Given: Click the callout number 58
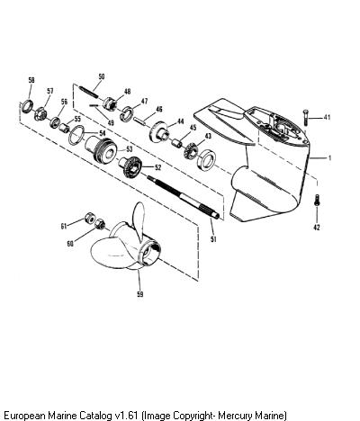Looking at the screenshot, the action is coord(31,80).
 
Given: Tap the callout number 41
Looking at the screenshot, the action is coord(327,117).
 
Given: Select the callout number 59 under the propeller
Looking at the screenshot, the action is coord(140,294).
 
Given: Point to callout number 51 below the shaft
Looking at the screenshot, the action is coord(213,239).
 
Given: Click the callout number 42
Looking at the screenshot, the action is coord(317,228).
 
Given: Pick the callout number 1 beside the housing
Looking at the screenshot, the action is coord(329,157).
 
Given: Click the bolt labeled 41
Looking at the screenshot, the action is coord(305,118).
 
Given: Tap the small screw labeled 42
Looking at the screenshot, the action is coord(317,200).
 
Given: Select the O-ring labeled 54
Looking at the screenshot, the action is coord(76,135).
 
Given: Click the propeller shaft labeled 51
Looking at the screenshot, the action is coord(184,197).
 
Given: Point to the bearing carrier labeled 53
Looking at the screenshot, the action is coord(102,148).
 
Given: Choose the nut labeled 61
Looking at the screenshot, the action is coord(89,218).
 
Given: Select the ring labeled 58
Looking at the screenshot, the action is coord(27,107).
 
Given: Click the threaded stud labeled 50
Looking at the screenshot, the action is coord(88,92).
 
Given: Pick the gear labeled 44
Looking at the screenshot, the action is coord(159,131).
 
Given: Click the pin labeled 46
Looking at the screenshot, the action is coord(140,120).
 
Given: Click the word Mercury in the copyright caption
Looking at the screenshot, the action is coord(236,416).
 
